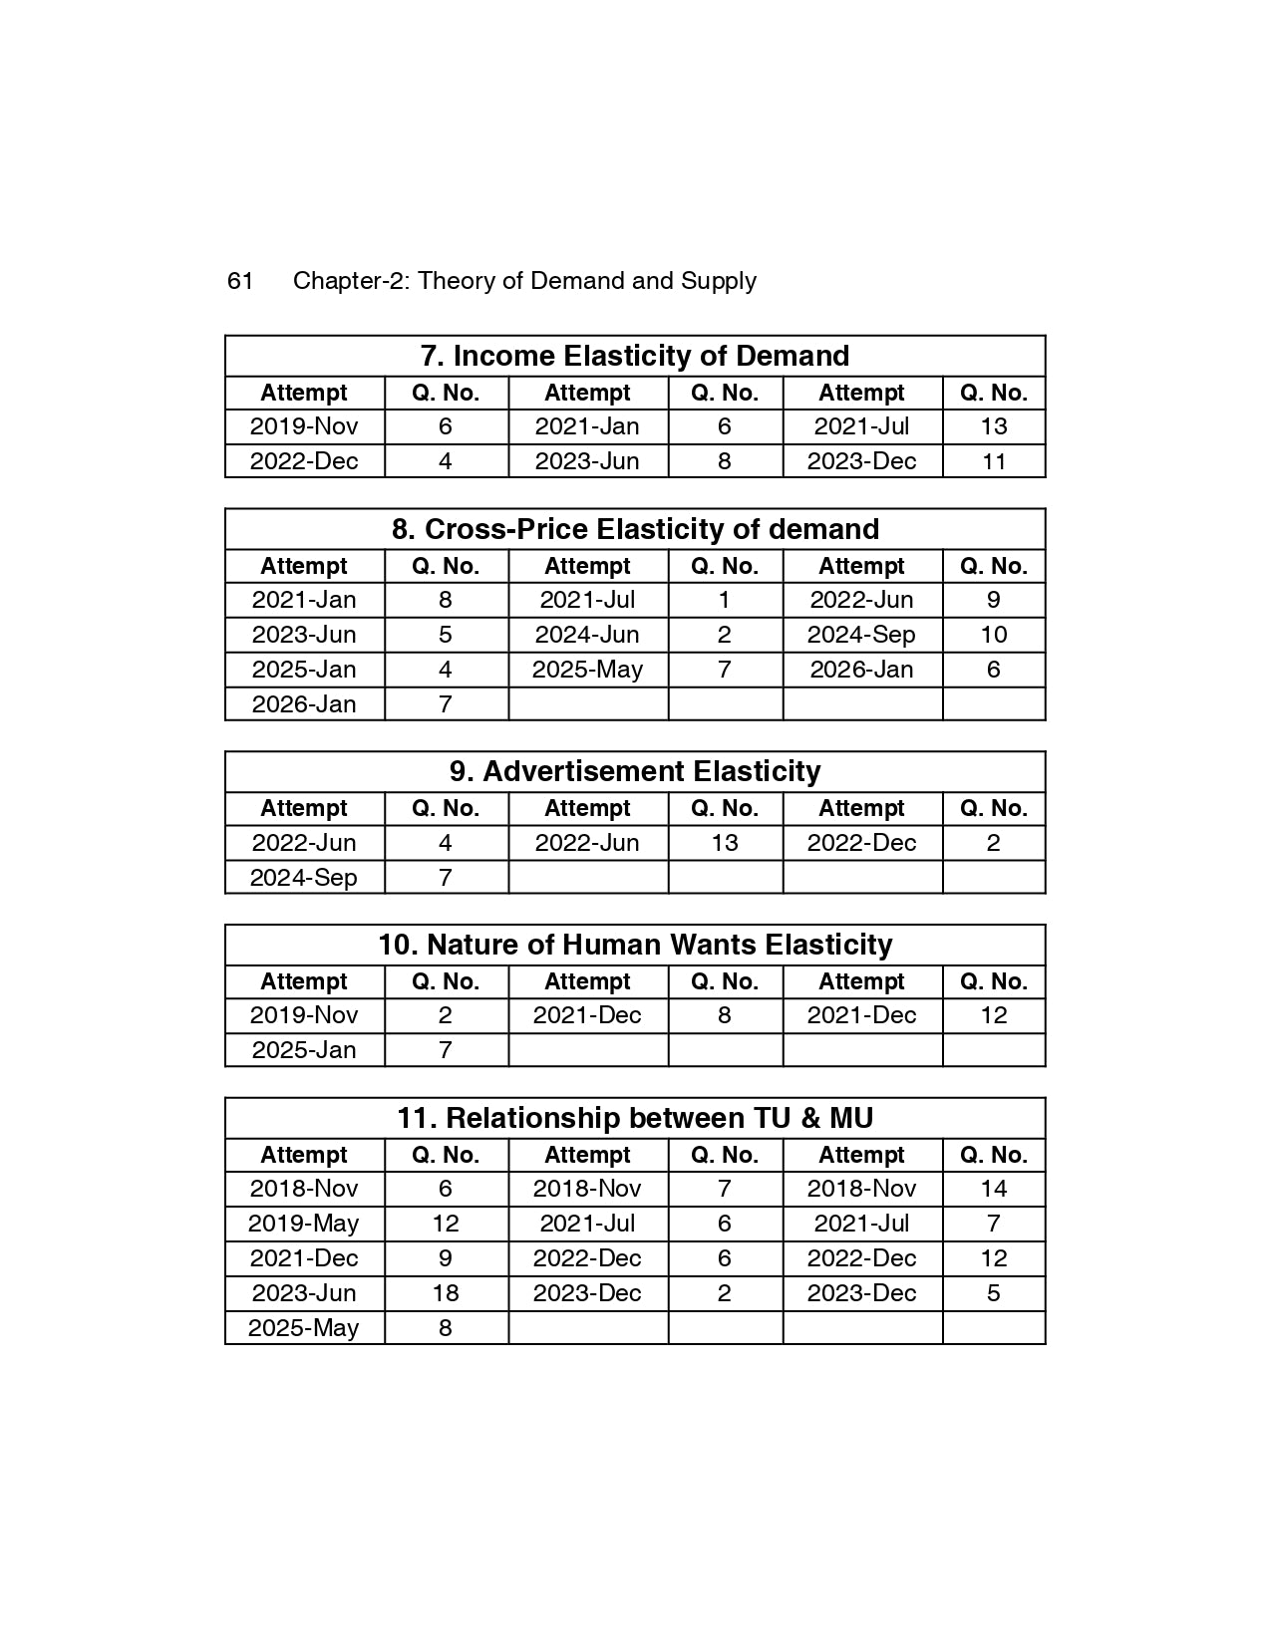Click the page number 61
point(240,281)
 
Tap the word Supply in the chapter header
point(718,281)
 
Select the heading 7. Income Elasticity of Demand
point(635,356)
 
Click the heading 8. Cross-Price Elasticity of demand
point(635,529)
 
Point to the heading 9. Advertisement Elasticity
point(635,771)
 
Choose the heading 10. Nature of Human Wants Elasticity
point(635,945)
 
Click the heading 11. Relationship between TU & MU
point(635,1118)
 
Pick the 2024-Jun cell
point(587,635)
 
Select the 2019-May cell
point(303,1224)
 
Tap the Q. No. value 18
point(445,1293)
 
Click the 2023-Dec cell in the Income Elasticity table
point(861,461)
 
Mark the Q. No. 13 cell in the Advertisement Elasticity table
point(725,843)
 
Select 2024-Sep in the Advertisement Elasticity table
point(303,878)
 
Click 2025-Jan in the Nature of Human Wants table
point(303,1050)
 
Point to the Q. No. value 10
point(993,635)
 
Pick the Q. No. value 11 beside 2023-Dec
point(993,461)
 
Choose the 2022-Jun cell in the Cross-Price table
point(861,600)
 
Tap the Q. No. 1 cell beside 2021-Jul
point(725,600)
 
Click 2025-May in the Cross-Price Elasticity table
point(587,670)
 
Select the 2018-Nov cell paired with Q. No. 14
point(861,1189)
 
